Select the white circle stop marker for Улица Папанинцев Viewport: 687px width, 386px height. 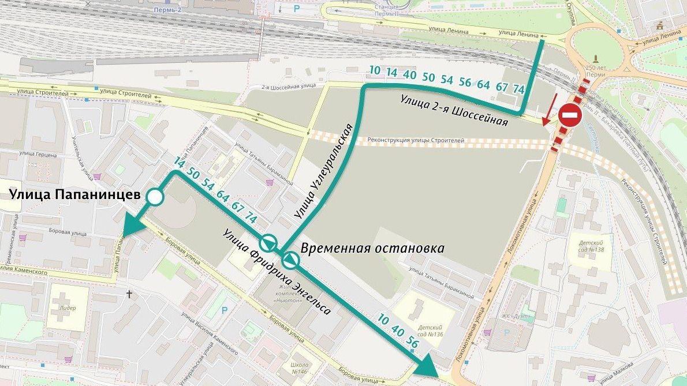(155, 198)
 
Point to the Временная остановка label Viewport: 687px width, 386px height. (372, 249)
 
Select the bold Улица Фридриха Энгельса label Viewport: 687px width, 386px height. (277, 271)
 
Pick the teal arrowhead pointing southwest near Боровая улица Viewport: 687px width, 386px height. (131, 227)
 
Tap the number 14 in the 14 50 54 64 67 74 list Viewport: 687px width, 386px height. (179, 164)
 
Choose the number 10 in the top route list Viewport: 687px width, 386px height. (375, 70)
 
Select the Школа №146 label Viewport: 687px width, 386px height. (300, 369)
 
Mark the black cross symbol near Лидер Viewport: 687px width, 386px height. (129, 294)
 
